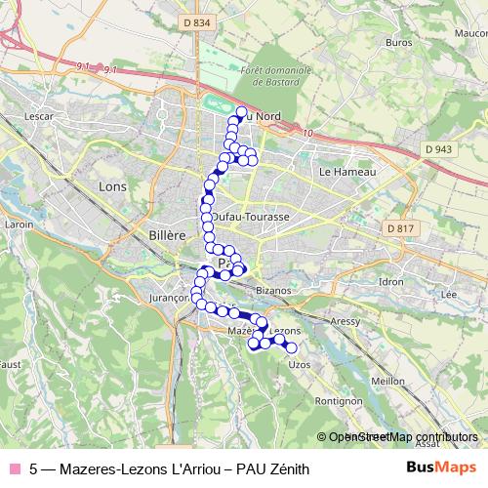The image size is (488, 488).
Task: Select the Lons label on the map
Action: pos(113,185)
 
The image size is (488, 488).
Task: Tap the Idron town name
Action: pos(391,281)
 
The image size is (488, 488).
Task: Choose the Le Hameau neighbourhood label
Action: pos(341,171)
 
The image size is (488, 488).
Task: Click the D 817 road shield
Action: pos(400,228)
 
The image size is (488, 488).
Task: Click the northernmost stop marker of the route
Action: pos(241,111)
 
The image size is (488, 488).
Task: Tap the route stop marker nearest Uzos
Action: pos(290,348)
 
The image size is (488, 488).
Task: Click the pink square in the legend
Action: pos(14,469)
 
